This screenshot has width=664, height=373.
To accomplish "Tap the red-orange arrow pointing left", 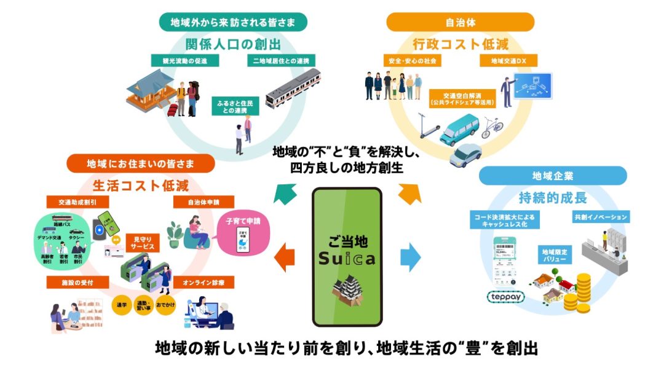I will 285,257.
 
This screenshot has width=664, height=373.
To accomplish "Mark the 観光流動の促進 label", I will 180,61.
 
